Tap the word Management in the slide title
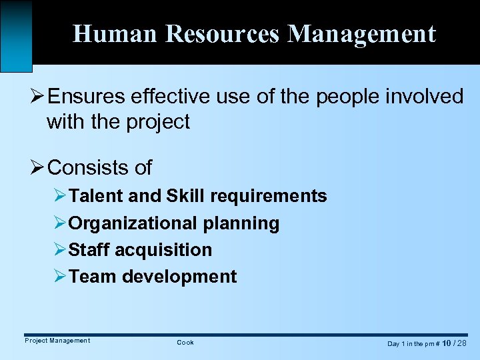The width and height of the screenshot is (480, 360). (x=362, y=33)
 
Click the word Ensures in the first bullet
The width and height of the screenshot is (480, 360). (x=85, y=97)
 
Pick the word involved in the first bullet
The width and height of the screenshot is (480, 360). (x=426, y=97)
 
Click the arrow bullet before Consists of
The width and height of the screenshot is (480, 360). (x=37, y=167)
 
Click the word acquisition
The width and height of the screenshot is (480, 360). (x=164, y=250)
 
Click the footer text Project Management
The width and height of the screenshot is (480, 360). (x=57, y=341)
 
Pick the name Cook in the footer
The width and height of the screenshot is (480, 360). (x=185, y=343)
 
